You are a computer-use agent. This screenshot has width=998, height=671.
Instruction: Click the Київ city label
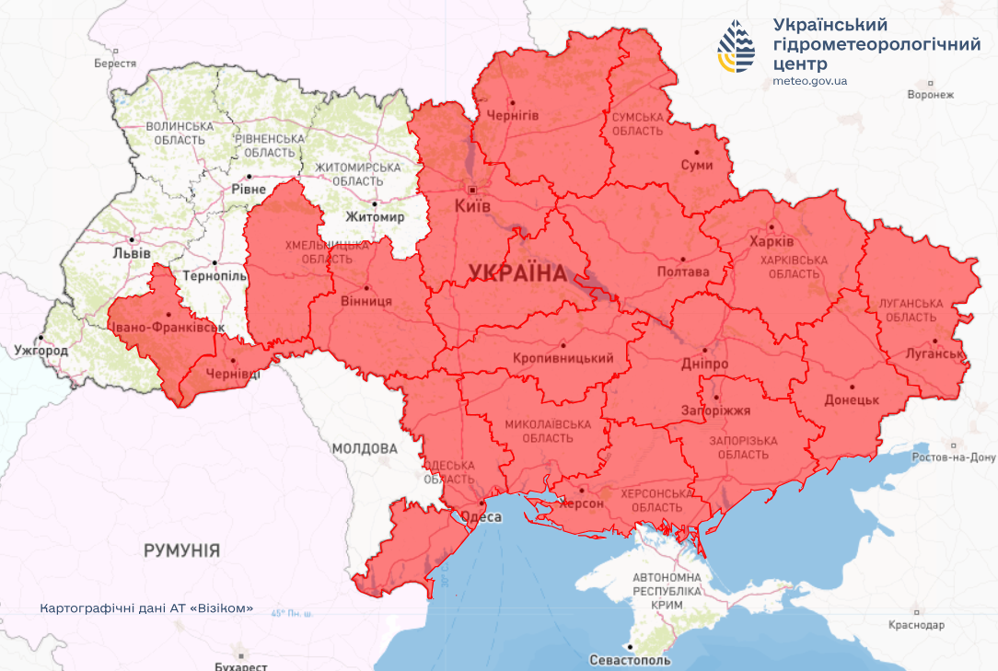click(x=472, y=206)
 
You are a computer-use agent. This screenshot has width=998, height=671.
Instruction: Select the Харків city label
click(x=772, y=240)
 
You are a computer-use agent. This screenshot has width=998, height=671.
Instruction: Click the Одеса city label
click(x=481, y=517)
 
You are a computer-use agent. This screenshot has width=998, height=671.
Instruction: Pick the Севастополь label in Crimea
click(x=631, y=660)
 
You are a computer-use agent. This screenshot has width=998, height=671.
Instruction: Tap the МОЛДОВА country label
click(x=365, y=448)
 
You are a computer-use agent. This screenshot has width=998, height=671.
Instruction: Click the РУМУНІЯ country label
click(x=181, y=550)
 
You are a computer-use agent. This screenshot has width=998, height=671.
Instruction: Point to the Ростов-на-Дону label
click(x=954, y=457)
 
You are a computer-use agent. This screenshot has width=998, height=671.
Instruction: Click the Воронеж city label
click(x=930, y=95)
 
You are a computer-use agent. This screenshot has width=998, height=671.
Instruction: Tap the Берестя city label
click(x=115, y=64)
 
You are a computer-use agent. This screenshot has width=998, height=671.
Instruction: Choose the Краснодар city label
click(x=917, y=625)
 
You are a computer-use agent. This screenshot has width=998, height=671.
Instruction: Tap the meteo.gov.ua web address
click(x=810, y=81)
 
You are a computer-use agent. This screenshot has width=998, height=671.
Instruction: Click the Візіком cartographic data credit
click(x=146, y=609)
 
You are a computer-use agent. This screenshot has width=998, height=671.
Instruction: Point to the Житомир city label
click(x=375, y=217)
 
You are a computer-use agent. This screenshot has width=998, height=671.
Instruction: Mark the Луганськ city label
click(x=934, y=353)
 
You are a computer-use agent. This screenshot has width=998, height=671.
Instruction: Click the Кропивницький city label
click(x=563, y=358)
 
